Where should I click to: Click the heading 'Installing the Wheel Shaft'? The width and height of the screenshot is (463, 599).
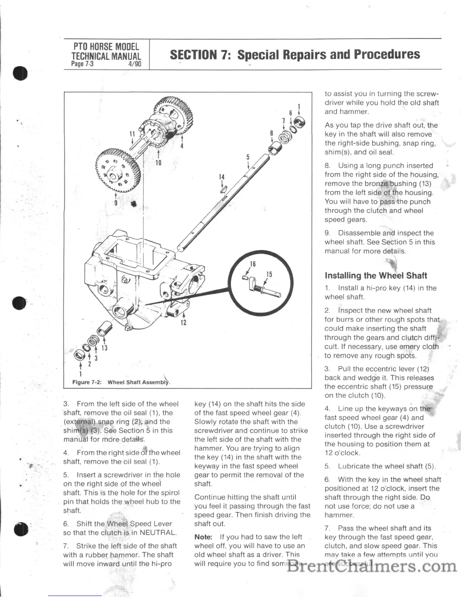376,276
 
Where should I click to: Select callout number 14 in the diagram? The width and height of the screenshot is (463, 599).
222,177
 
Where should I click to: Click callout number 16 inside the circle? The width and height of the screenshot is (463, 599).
253,264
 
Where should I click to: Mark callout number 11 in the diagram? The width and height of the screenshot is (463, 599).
132,133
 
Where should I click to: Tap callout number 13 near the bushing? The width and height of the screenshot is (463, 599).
104,348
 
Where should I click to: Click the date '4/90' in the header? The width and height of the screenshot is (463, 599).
135,64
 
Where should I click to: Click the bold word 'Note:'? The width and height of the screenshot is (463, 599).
203,537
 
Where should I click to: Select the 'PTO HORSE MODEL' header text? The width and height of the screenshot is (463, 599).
106,47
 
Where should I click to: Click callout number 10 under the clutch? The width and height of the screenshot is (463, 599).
158,163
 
